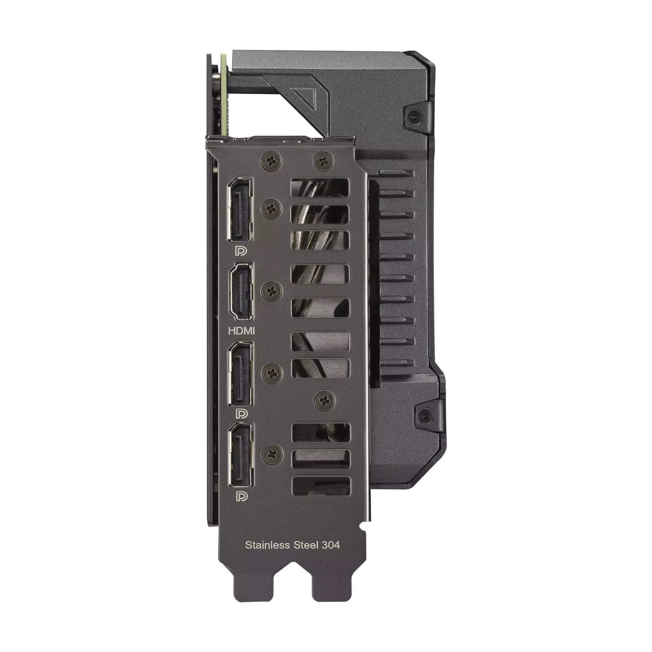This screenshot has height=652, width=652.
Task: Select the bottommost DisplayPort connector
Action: click(240, 454)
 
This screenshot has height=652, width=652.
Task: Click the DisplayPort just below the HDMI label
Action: click(240, 374)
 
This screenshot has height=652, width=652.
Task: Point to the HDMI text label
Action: click(241, 330)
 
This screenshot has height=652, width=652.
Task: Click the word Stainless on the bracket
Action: click(267, 545)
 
